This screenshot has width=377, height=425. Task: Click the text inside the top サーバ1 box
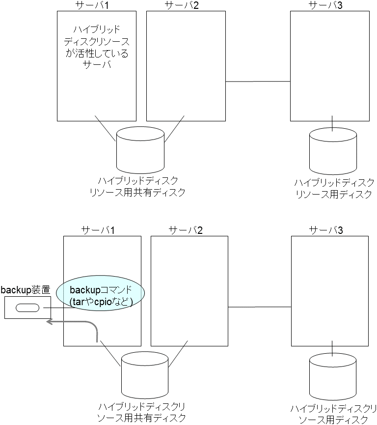click(97, 47)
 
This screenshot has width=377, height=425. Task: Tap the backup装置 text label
click(25, 289)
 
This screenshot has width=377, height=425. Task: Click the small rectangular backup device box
click(27, 308)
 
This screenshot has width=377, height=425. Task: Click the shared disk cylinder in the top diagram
click(140, 148)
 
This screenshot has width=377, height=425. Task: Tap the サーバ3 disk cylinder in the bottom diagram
click(332, 377)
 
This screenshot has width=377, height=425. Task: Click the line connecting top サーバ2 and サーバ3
click(258, 82)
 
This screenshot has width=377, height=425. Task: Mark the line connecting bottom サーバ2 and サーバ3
click(260, 307)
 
